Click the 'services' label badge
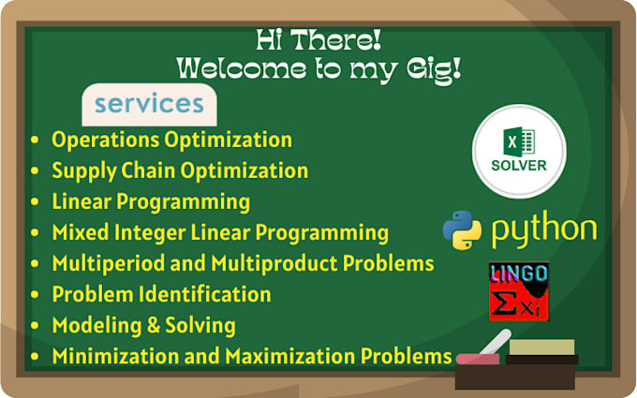[148, 105]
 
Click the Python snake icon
[462, 230]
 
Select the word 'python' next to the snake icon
[543, 230]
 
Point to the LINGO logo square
[519, 291]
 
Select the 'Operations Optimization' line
[171, 140]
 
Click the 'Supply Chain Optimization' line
[180, 171]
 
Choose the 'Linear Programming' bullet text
[151, 201]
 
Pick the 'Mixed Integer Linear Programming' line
[220, 232]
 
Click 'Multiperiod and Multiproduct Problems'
[243, 263]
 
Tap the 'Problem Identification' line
[161, 294]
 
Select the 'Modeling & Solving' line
[143, 326]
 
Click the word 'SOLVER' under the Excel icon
[519, 168]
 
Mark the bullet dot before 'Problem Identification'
[36, 295]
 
